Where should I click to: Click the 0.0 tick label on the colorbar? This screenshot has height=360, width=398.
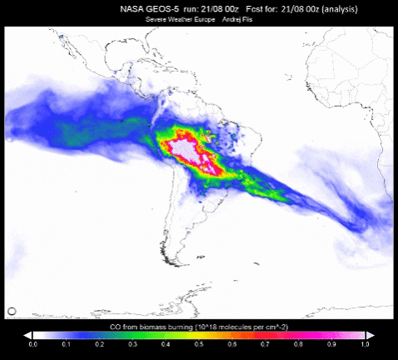[32, 343]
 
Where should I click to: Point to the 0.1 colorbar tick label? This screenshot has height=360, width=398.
[66, 343]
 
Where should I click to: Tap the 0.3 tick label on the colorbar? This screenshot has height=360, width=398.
[132, 343]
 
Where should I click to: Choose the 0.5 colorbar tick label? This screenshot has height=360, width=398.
[199, 343]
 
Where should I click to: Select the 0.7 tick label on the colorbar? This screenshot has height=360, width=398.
[265, 343]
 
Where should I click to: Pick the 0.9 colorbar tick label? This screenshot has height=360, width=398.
[331, 343]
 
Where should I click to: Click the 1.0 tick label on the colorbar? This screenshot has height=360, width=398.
[364, 343]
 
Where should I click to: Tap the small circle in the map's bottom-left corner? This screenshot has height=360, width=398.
[12, 311]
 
